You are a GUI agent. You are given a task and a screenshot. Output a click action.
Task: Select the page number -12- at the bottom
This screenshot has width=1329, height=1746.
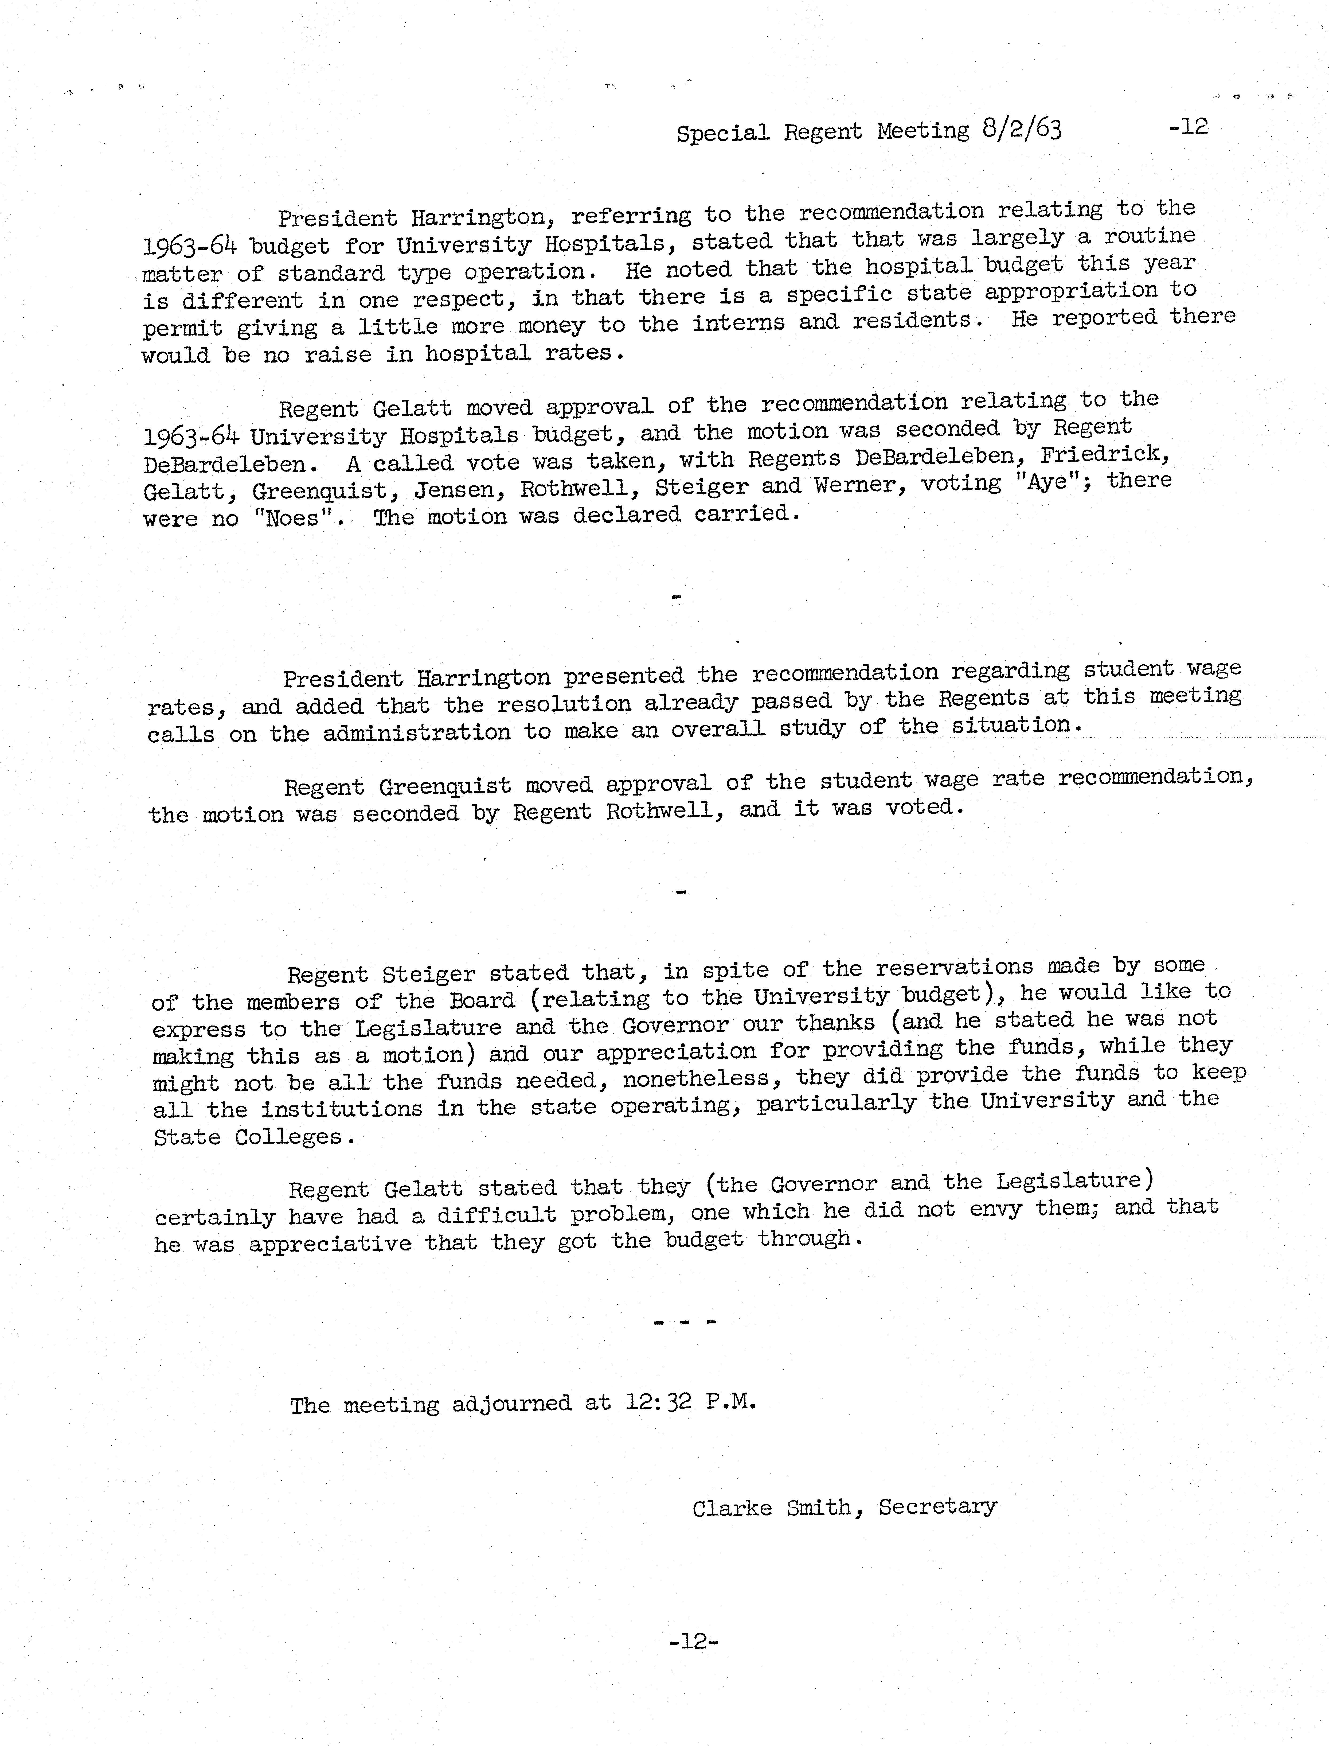click(x=693, y=1642)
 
